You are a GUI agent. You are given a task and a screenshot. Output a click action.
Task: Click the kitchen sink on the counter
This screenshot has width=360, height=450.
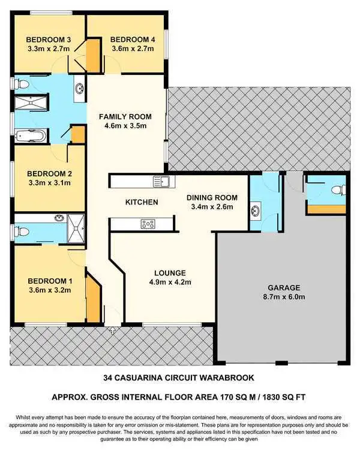pyautogui.click(x=160, y=180)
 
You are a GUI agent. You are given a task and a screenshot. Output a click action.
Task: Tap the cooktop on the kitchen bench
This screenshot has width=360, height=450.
pyautogui.click(x=148, y=224)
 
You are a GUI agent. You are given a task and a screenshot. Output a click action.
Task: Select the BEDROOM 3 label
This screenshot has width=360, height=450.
pyautogui.click(x=49, y=40)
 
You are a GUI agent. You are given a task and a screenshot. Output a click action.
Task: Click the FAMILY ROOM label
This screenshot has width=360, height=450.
pyautogui.click(x=125, y=116)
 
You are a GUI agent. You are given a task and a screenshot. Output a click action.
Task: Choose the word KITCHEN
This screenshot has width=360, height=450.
pyautogui.click(x=142, y=202)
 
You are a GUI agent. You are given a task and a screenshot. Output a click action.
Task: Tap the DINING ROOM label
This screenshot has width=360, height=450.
pyautogui.click(x=212, y=197)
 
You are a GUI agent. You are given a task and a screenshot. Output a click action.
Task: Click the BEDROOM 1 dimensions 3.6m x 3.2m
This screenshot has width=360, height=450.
pyautogui.click(x=50, y=290)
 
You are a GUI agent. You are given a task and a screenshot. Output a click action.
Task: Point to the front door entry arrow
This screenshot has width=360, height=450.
pyautogui.click(x=112, y=329)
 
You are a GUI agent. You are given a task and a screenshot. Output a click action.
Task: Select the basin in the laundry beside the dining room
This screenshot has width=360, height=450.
pyautogui.click(x=256, y=210)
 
